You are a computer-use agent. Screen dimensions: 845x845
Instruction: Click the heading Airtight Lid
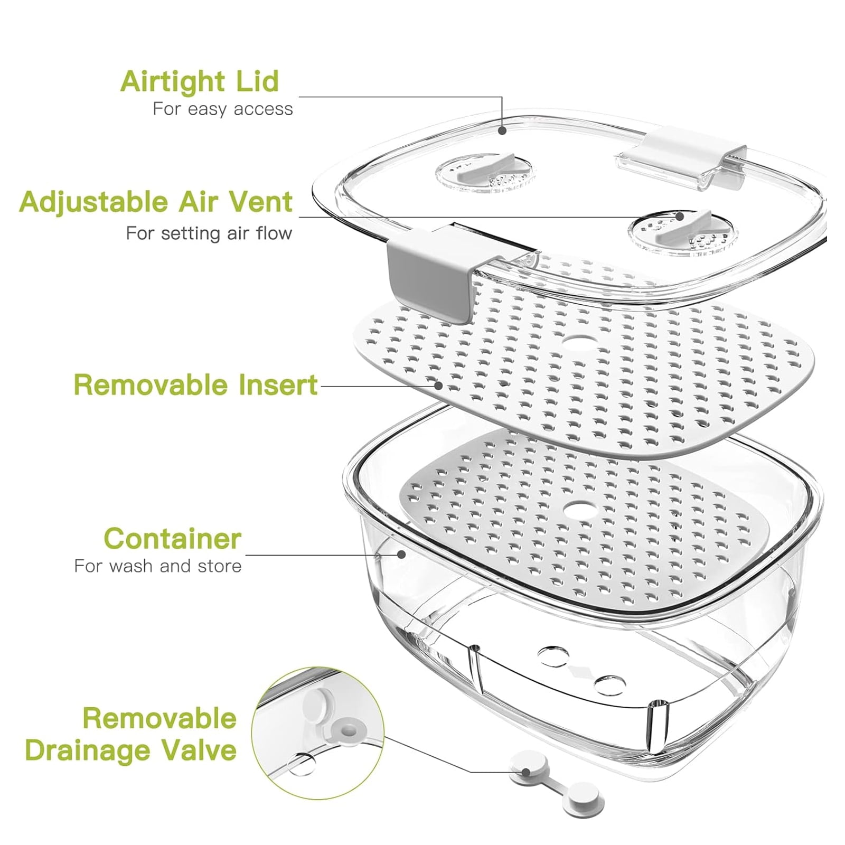click(199, 82)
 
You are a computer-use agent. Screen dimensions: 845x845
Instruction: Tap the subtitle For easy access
click(222, 109)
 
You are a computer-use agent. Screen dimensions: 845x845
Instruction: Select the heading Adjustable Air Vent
click(156, 203)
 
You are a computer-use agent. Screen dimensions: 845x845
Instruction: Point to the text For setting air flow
click(209, 233)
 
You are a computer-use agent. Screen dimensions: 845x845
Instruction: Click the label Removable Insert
click(195, 384)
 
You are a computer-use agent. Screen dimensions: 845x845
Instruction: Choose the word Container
click(172, 539)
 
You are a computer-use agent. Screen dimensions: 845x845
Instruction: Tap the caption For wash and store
click(158, 566)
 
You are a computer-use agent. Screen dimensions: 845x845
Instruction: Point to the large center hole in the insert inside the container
click(580, 510)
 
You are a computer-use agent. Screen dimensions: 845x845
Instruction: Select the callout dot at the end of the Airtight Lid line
click(502, 129)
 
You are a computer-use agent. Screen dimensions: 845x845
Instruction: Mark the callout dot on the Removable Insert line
click(438, 385)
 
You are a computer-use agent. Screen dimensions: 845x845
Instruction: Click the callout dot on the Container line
click(402, 554)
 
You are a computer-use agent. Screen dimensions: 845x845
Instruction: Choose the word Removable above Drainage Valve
click(159, 718)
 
